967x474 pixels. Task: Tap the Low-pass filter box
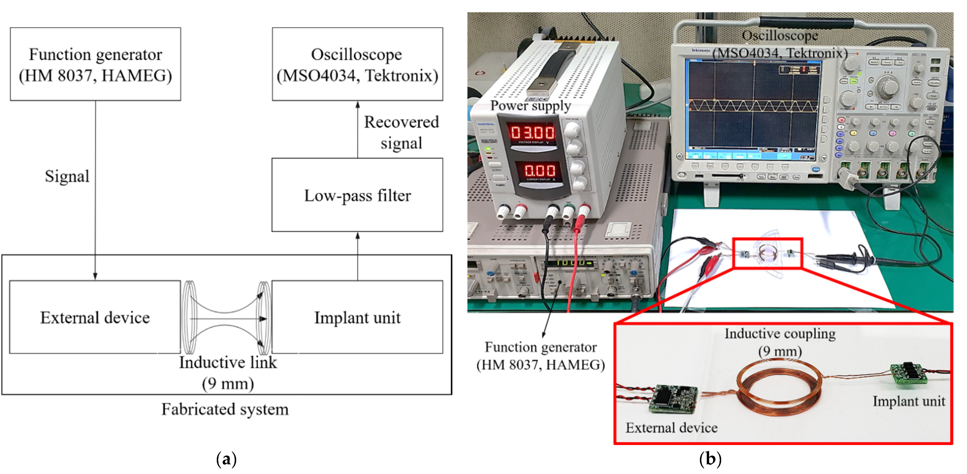pyautogui.click(x=357, y=195)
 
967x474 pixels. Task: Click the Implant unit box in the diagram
pyautogui.click(x=357, y=317)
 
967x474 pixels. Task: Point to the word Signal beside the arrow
pyautogui.click(x=67, y=176)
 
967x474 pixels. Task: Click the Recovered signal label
pyautogui.click(x=401, y=132)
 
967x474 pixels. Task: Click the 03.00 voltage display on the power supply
pyautogui.click(x=532, y=132)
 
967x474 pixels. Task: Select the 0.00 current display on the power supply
pyautogui.click(x=539, y=171)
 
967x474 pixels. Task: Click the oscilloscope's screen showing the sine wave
pyautogui.click(x=753, y=109)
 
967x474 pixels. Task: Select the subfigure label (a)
pyautogui.click(x=226, y=459)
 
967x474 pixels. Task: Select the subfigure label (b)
pyautogui.click(x=710, y=459)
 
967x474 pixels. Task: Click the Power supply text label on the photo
pyautogui.click(x=530, y=106)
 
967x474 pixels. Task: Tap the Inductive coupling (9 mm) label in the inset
pyautogui.click(x=780, y=342)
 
